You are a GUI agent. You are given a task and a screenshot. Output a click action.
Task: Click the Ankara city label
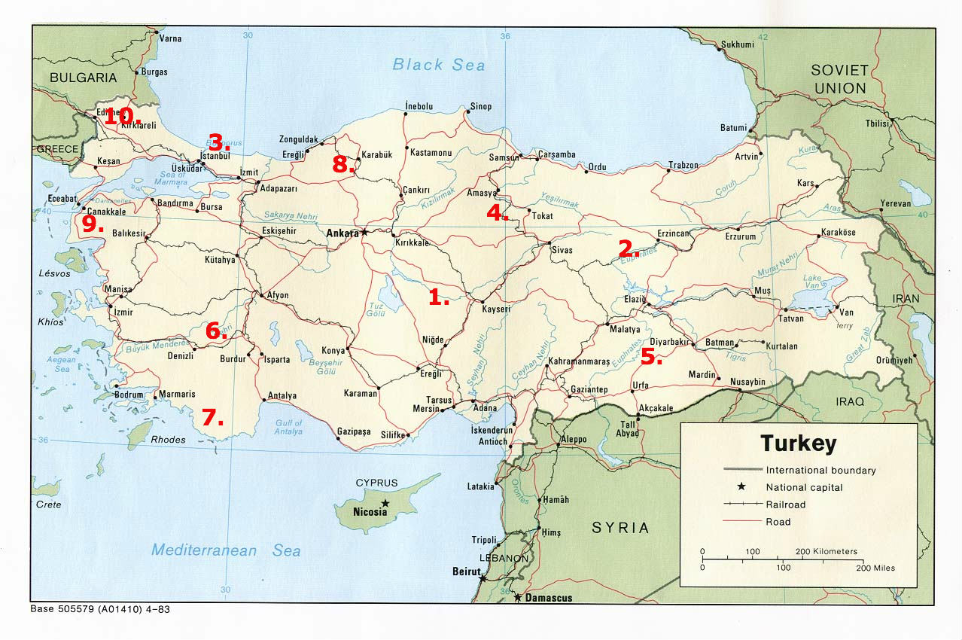tap(342, 233)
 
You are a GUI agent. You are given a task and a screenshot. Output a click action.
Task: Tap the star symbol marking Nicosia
tap(385, 502)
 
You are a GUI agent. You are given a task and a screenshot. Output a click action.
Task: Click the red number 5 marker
tap(651, 358)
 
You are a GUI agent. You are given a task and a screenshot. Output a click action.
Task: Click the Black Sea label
tap(439, 65)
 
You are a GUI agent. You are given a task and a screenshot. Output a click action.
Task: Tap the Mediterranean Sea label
tap(226, 550)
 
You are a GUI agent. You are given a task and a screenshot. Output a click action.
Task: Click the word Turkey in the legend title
tap(798, 443)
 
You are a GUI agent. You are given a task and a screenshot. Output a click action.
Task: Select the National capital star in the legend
tap(741, 487)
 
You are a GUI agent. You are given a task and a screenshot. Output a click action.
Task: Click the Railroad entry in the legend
tap(785, 504)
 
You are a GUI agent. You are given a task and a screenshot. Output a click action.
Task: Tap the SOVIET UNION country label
tap(839, 78)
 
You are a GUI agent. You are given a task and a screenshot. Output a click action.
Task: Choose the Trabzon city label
tap(683, 165)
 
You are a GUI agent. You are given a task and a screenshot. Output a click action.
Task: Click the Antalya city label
tap(282, 396)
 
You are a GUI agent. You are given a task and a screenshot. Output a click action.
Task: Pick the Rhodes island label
tap(168, 440)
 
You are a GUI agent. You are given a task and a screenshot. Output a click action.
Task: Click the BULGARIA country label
tap(84, 78)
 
